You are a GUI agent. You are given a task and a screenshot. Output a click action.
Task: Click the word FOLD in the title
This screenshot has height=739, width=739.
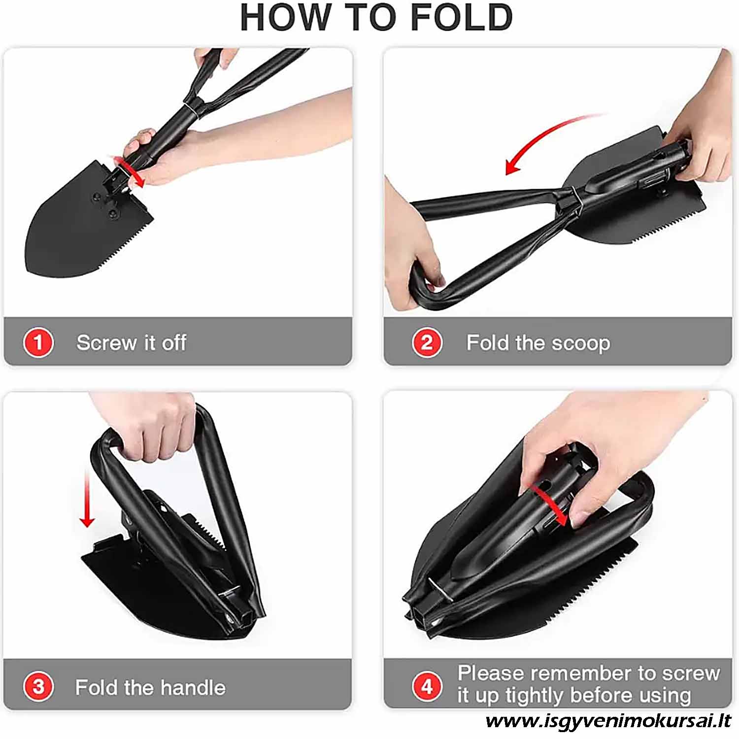pos(462,17)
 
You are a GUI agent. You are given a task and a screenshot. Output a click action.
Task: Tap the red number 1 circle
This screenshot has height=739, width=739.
pos(38,342)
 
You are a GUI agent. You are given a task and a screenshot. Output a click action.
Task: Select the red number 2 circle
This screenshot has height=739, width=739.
pos(427,342)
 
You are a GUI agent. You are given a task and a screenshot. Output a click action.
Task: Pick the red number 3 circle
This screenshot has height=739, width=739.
pos(38,687)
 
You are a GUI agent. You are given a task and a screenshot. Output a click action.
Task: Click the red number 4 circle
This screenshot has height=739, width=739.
pos(427,686)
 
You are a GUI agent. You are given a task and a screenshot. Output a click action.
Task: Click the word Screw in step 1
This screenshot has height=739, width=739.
pos(107,342)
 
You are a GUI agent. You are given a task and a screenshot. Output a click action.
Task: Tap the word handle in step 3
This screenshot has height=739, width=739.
pos(193,687)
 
